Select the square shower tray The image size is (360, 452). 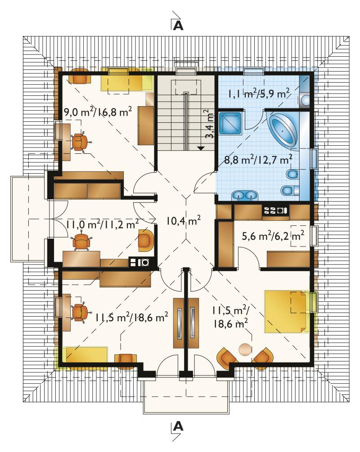pos(230,123)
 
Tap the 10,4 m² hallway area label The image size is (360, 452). pos(183,221)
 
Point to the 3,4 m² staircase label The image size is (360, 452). pos(210,124)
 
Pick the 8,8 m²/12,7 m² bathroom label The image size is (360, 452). pos(258,159)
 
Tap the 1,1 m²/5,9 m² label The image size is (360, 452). pos(259,94)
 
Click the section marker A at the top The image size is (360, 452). pos(178,25)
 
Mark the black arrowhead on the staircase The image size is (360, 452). pos(201,148)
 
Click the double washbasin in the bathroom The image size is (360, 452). pos(245,196)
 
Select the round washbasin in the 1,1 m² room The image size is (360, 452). pos(305,100)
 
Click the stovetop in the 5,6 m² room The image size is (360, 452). pos(275,210)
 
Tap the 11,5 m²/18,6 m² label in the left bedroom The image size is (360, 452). pos(132,318)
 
